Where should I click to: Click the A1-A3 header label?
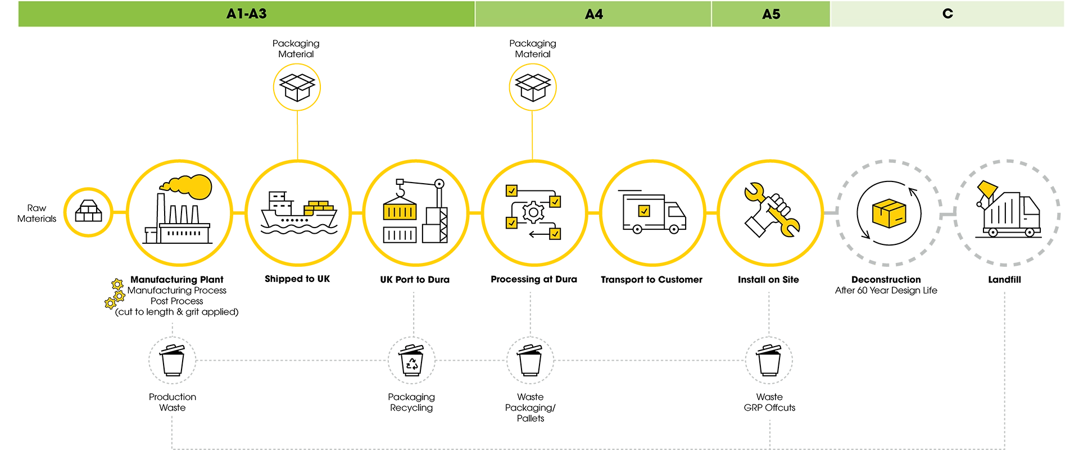click(x=246, y=14)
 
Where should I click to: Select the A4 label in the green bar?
click(x=593, y=14)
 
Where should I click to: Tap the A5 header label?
click(x=771, y=14)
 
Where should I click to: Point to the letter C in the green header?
click(x=947, y=13)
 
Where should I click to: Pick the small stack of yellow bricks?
click(x=318, y=207)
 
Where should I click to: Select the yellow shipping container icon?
click(x=400, y=212)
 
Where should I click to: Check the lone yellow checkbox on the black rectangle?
click(x=644, y=211)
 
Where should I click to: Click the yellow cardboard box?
click(x=890, y=214)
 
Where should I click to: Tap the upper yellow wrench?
click(x=754, y=192)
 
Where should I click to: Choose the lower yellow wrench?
click(x=785, y=222)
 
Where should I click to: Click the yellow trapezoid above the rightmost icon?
click(x=987, y=189)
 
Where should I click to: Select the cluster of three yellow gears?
click(x=115, y=294)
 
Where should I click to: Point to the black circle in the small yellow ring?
click(x=88, y=213)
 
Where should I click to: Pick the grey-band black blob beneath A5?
click(x=771, y=360)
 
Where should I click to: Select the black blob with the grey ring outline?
click(x=174, y=360)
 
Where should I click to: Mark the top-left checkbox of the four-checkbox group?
click(x=511, y=191)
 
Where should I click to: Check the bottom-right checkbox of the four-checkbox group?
click(x=555, y=233)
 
